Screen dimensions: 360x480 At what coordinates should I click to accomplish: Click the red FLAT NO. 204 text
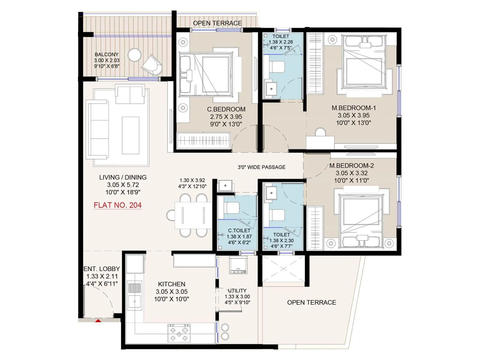click(x=118, y=205)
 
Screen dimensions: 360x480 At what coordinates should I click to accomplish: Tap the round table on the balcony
click(x=134, y=55)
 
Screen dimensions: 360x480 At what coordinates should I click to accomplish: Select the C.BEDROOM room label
click(x=226, y=109)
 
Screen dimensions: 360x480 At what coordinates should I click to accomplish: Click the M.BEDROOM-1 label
click(x=353, y=108)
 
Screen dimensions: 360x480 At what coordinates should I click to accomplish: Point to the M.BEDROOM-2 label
click(x=351, y=166)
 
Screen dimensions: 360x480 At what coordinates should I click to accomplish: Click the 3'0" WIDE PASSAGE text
click(x=261, y=167)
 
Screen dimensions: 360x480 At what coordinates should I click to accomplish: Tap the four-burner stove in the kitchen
click(x=179, y=333)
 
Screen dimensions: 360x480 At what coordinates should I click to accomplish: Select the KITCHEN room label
click(x=171, y=284)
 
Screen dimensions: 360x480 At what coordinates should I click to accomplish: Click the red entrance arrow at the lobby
click(x=98, y=321)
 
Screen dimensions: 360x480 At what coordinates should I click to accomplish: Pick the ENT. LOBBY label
click(x=102, y=269)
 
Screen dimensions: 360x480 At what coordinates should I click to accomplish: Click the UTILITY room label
click(x=237, y=291)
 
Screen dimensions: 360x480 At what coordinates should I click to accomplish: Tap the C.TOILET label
click(x=239, y=230)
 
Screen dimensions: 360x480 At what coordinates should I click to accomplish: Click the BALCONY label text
click(x=106, y=55)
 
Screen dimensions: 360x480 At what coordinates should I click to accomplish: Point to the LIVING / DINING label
click(x=123, y=177)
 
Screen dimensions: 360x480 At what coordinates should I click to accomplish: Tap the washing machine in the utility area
click(x=238, y=265)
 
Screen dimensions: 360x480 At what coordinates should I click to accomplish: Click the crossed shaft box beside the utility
click(x=283, y=269)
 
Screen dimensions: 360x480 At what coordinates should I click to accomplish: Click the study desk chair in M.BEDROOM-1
click(x=320, y=132)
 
